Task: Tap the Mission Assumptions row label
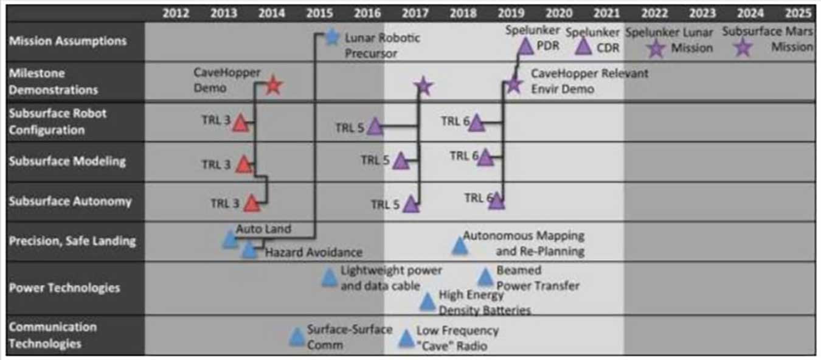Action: click(x=68, y=41)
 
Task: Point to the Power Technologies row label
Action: click(x=64, y=288)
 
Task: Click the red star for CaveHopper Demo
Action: click(x=273, y=86)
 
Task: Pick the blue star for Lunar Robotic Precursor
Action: click(x=331, y=38)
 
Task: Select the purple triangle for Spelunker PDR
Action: click(x=526, y=46)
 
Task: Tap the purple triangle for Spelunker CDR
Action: click(x=584, y=46)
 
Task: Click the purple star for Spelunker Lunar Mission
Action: click(x=656, y=48)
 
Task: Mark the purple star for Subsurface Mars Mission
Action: click(x=743, y=47)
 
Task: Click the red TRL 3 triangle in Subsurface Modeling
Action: click(x=244, y=164)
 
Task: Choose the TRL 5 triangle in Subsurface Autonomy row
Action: click(x=411, y=204)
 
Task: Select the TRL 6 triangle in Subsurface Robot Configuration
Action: click(x=476, y=123)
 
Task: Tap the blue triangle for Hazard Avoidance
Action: click(x=249, y=250)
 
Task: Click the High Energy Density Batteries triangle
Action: click(x=428, y=302)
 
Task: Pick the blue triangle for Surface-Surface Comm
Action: click(x=297, y=337)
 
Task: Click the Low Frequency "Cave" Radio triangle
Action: click(x=406, y=339)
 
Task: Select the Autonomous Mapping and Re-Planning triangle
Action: click(x=460, y=246)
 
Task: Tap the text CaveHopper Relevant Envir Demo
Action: click(x=589, y=81)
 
